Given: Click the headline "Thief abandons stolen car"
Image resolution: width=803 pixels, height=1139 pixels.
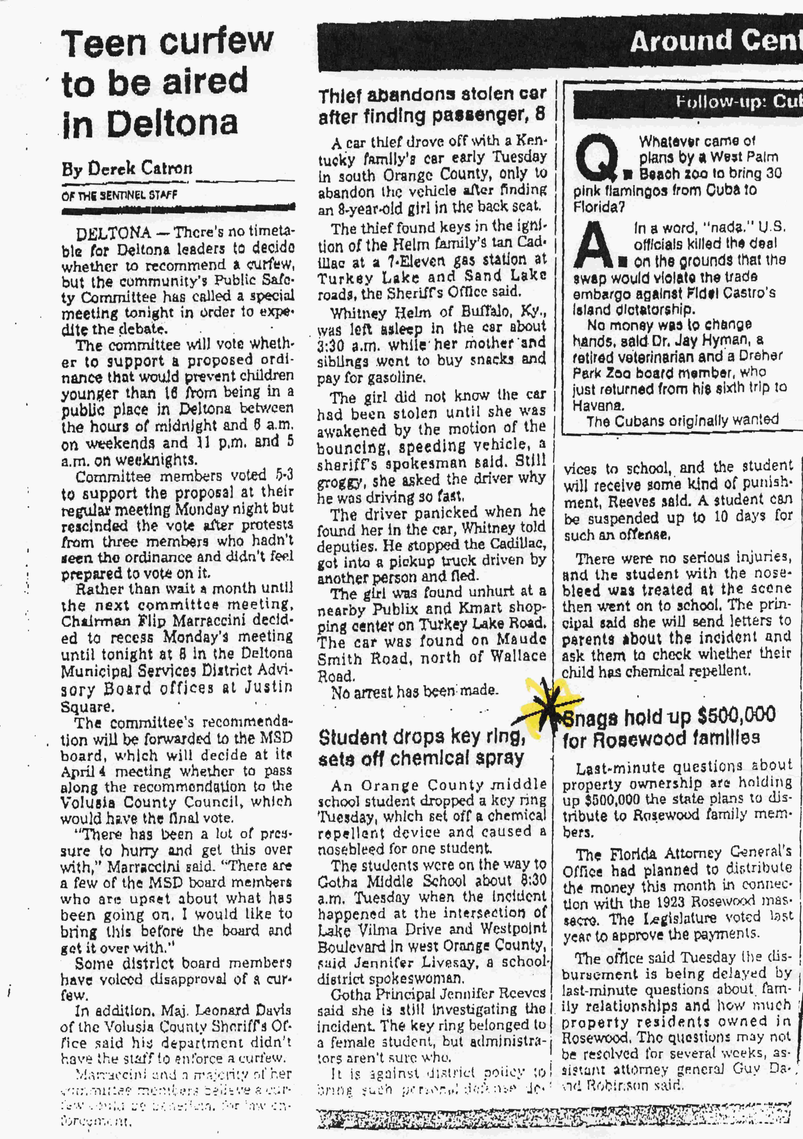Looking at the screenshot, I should pyautogui.click(x=432, y=94).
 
